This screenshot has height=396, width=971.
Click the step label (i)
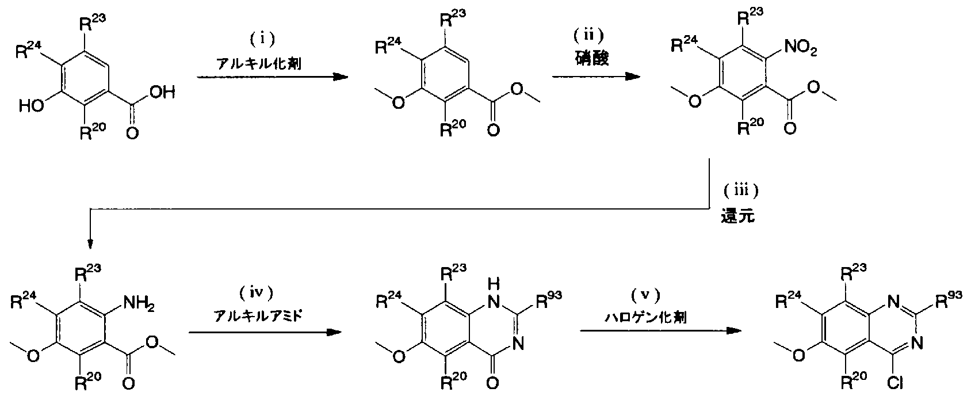pyautogui.click(x=262, y=39)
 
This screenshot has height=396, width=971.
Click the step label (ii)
pyautogui.click(x=588, y=35)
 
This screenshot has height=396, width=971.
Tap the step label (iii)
pyautogui.click(x=741, y=191)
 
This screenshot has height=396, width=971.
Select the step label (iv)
pyautogui.click(x=257, y=294)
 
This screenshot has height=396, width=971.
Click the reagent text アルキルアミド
pyautogui.click(x=258, y=317)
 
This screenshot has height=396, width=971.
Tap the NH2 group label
pyautogui.click(x=139, y=302)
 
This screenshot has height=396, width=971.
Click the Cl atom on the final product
pyautogui.click(x=894, y=383)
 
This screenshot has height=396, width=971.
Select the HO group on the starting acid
pyautogui.click(x=31, y=106)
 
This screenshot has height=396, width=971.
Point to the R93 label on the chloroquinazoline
pyautogui.click(x=949, y=300)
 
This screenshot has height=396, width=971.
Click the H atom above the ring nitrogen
pyautogui.click(x=494, y=284)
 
